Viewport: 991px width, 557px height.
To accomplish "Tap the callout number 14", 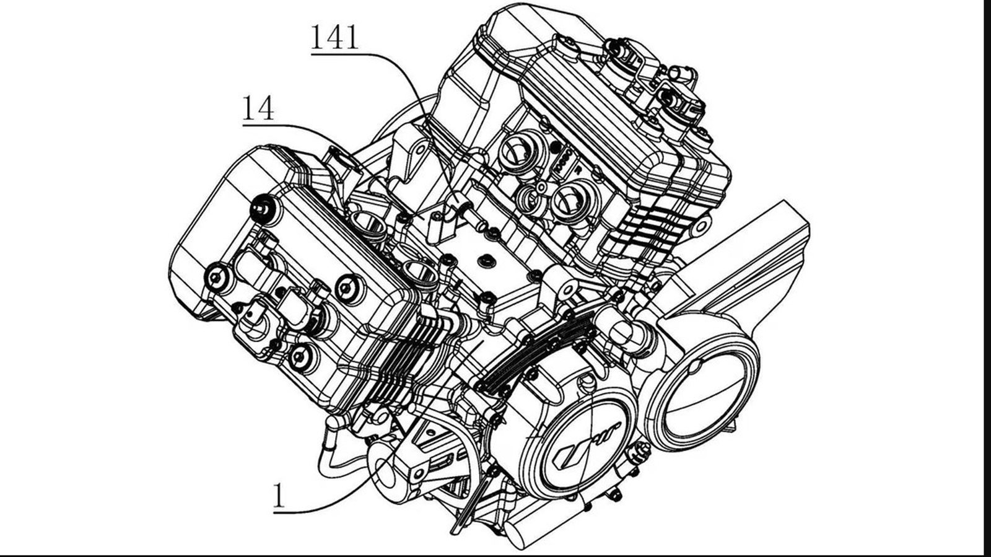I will click(x=258, y=108).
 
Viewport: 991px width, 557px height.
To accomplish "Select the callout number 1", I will click(x=281, y=496).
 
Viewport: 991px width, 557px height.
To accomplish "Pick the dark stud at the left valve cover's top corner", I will click(x=263, y=208).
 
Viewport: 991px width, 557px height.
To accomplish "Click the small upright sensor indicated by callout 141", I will click(x=437, y=226).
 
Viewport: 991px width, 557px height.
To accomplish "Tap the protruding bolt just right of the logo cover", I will click(x=634, y=455).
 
